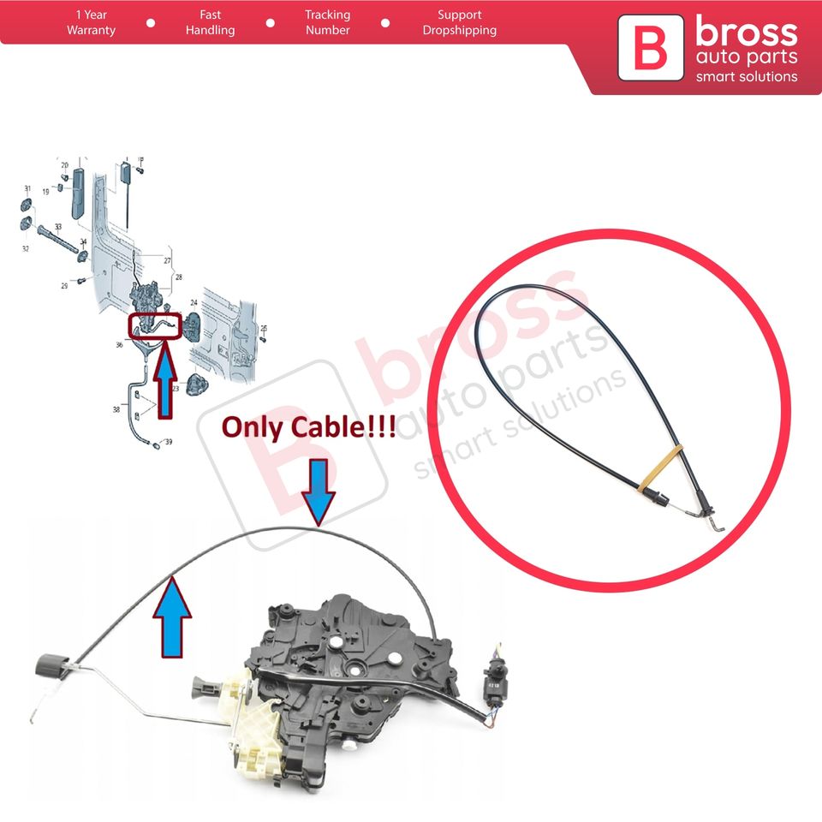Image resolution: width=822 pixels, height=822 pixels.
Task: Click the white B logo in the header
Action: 650,51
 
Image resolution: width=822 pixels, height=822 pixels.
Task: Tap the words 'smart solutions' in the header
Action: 746,76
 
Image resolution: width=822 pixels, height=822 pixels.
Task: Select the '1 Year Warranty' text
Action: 91,22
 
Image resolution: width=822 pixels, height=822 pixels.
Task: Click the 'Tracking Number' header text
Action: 327,22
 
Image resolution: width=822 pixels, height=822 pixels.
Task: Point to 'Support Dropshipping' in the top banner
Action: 459,22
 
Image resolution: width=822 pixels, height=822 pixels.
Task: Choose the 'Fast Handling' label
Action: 210,22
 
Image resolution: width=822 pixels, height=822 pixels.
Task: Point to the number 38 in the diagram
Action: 116,410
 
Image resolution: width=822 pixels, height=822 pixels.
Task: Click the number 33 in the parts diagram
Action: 57,227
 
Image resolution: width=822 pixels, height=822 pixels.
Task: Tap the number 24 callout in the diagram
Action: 194,302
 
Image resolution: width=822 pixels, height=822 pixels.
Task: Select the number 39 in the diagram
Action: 169,442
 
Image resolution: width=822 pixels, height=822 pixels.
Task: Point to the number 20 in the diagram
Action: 64,164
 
